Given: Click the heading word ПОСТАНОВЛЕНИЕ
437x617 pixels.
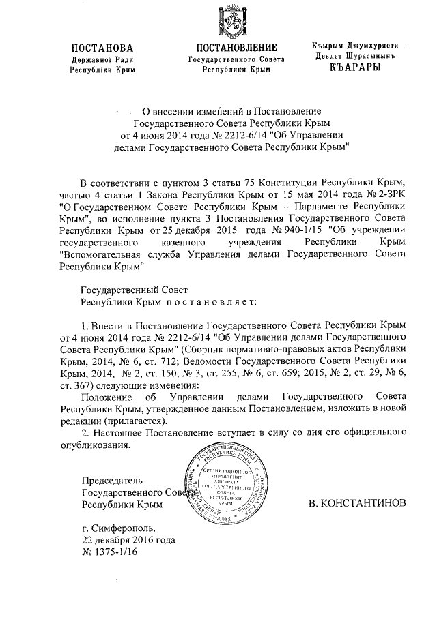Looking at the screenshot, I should point(237,48).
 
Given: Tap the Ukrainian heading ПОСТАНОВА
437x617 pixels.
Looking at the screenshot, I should point(102,48).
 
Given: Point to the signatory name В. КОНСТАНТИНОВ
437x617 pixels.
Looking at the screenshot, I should point(357,505).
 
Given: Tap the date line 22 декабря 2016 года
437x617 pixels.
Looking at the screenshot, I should point(128,539).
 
